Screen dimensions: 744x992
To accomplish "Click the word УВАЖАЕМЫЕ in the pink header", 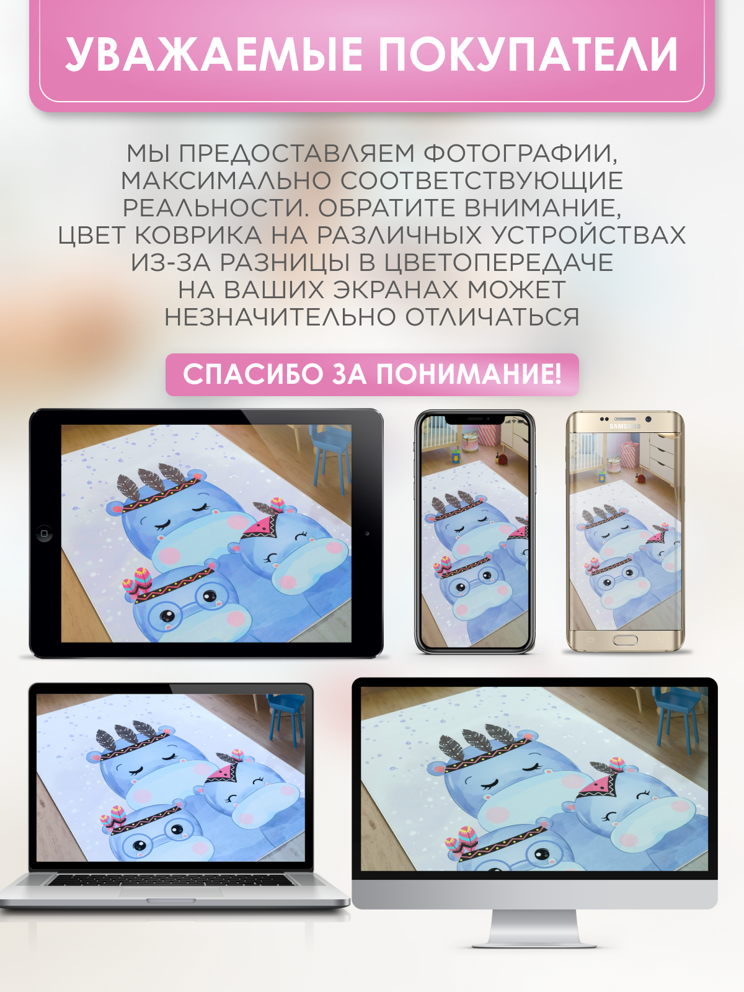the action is point(214,54).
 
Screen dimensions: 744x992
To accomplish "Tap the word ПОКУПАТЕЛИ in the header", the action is point(528,54).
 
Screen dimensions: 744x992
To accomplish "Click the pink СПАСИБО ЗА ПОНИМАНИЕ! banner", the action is point(372,374).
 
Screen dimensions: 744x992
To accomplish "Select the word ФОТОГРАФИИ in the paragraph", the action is point(520,154).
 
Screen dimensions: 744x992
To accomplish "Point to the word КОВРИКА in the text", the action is point(198,235).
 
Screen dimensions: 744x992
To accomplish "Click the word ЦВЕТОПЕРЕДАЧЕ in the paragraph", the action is point(498,263).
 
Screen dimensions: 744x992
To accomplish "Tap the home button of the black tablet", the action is point(44,533).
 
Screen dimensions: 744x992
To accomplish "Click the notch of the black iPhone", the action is point(475,419).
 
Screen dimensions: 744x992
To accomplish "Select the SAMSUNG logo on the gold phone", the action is point(625,426).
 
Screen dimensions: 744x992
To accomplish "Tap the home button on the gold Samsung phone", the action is point(625,639).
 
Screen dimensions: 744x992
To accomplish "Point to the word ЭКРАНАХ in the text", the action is point(396,290).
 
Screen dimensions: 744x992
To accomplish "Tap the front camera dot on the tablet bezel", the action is point(367,533).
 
